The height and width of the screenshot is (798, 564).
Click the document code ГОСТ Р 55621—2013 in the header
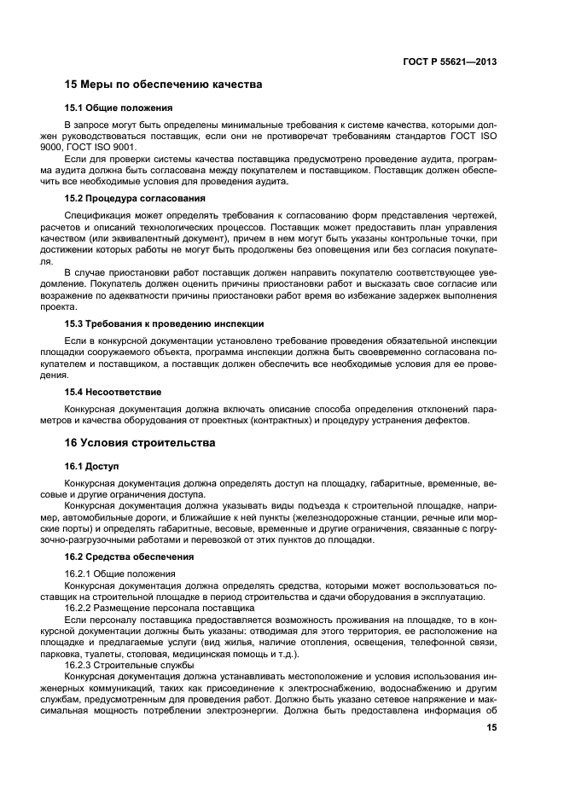tap(450, 61)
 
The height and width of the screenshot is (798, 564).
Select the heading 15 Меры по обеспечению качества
tap(163, 84)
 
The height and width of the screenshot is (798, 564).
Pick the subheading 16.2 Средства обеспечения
tap(129, 556)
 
